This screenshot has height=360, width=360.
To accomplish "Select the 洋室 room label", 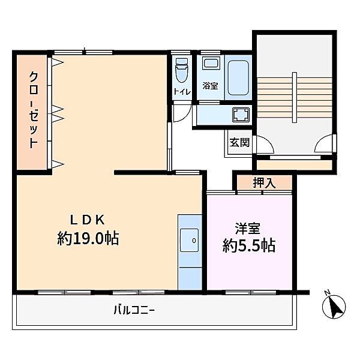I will coord(248,228).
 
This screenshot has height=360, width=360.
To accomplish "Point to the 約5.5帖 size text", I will coord(248,245).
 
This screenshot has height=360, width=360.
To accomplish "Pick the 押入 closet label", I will coord(264,183).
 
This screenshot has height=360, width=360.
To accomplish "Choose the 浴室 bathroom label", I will coord(210,86).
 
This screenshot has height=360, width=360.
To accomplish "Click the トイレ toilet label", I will coord(182,92).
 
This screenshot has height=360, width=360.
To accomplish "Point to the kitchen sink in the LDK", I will coord(191,241).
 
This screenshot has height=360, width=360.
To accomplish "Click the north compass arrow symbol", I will coord(334,308).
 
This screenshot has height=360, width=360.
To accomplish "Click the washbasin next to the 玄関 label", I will coord(240,115).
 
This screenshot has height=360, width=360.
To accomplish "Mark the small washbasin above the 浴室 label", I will coord(210,64).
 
